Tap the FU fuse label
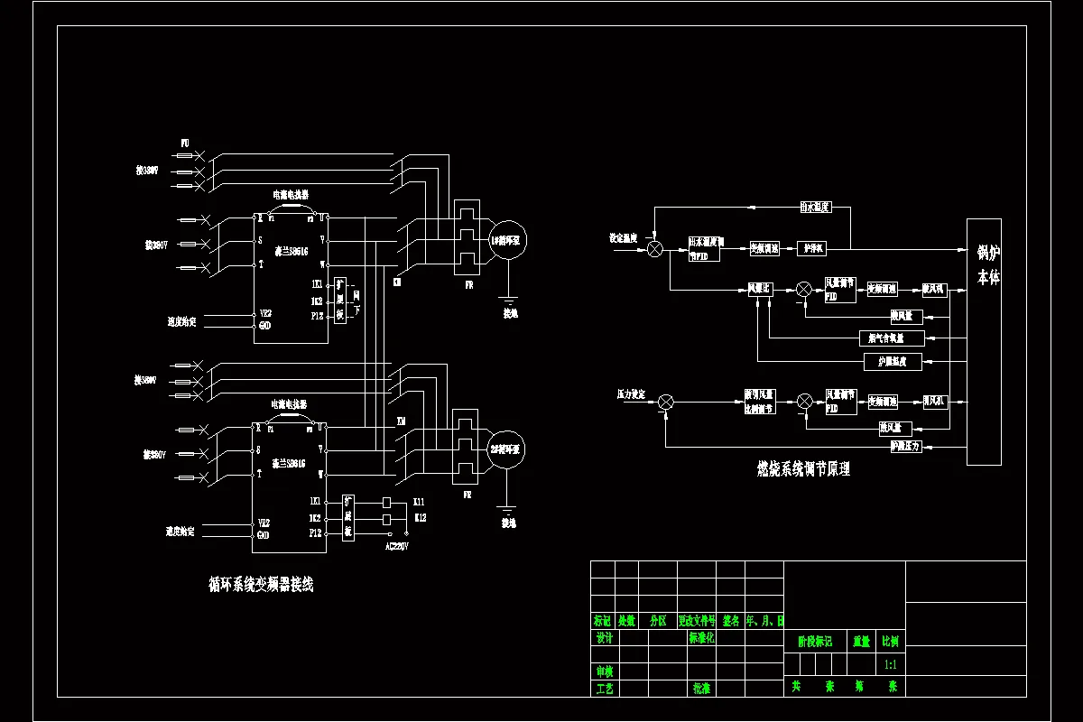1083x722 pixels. (x=185, y=143)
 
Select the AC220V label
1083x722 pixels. (x=397, y=547)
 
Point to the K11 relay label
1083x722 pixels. (x=420, y=501)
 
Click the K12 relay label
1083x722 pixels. (x=420, y=518)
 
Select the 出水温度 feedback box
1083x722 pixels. (x=815, y=207)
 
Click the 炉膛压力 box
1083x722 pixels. (x=905, y=446)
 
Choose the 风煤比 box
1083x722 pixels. (x=761, y=289)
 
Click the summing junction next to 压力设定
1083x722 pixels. (x=666, y=401)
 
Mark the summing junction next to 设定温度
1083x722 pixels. (x=656, y=248)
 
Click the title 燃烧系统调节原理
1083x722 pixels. (x=802, y=469)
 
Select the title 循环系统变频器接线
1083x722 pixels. (x=261, y=585)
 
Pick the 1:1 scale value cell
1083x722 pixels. (x=890, y=664)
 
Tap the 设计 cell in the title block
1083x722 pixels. (x=605, y=638)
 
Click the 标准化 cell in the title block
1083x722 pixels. (x=701, y=638)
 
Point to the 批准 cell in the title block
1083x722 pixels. (x=701, y=688)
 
